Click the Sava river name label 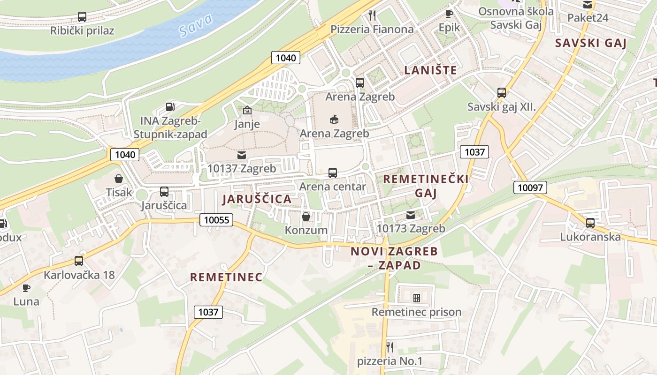(x=196, y=25)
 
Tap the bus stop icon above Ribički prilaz (x=82, y=17)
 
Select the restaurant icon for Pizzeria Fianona (x=372, y=15)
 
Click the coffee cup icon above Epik (x=449, y=14)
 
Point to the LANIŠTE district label (x=430, y=70)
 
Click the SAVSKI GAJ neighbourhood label (x=591, y=43)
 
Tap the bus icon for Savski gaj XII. (x=502, y=93)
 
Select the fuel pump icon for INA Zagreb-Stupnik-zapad (x=170, y=107)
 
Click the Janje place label (x=247, y=124)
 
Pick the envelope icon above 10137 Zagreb (x=242, y=155)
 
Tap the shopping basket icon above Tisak (x=119, y=179)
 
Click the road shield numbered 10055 (x=216, y=219)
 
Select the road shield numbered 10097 (x=530, y=187)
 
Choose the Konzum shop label (x=306, y=230)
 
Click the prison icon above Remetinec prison (x=416, y=298)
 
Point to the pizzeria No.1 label (x=390, y=361)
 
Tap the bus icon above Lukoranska (x=590, y=223)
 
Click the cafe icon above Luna (x=26, y=288)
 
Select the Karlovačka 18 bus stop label (x=79, y=275)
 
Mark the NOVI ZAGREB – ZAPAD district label (x=394, y=258)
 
